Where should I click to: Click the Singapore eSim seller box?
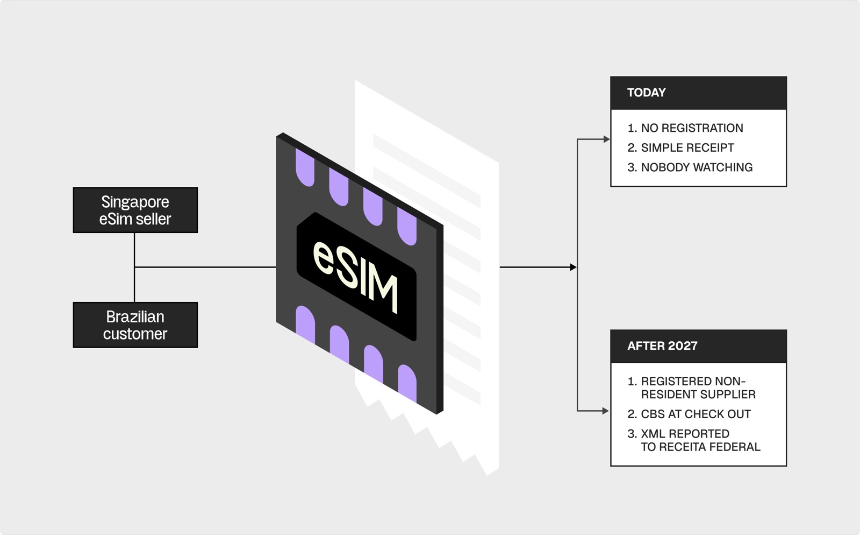(135, 210)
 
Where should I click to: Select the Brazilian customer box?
(135, 325)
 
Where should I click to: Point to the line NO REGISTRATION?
(685, 128)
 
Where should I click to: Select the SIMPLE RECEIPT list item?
(680, 147)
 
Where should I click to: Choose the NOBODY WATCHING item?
(690, 167)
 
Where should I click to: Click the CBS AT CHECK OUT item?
(689, 414)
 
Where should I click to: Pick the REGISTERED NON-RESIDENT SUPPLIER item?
(691, 388)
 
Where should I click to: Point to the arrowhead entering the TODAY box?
(607, 139)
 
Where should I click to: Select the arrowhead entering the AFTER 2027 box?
(607, 411)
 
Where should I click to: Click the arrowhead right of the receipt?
(574, 267)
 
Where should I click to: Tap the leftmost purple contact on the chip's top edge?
(305, 168)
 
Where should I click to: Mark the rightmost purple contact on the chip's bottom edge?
(407, 383)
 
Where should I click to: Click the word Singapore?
(135, 202)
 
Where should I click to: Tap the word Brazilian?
(135, 317)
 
